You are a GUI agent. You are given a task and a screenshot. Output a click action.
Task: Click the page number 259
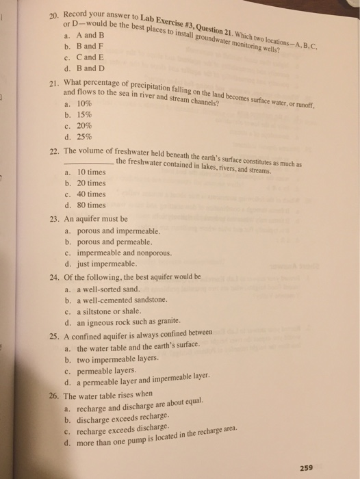307,467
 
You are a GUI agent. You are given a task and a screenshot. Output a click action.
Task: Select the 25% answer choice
79,137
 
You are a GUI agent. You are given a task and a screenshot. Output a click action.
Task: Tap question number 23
53,220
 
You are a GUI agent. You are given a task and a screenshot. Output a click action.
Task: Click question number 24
53,278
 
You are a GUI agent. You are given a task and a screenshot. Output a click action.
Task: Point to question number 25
53,337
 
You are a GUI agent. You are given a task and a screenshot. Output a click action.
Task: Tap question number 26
53,396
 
